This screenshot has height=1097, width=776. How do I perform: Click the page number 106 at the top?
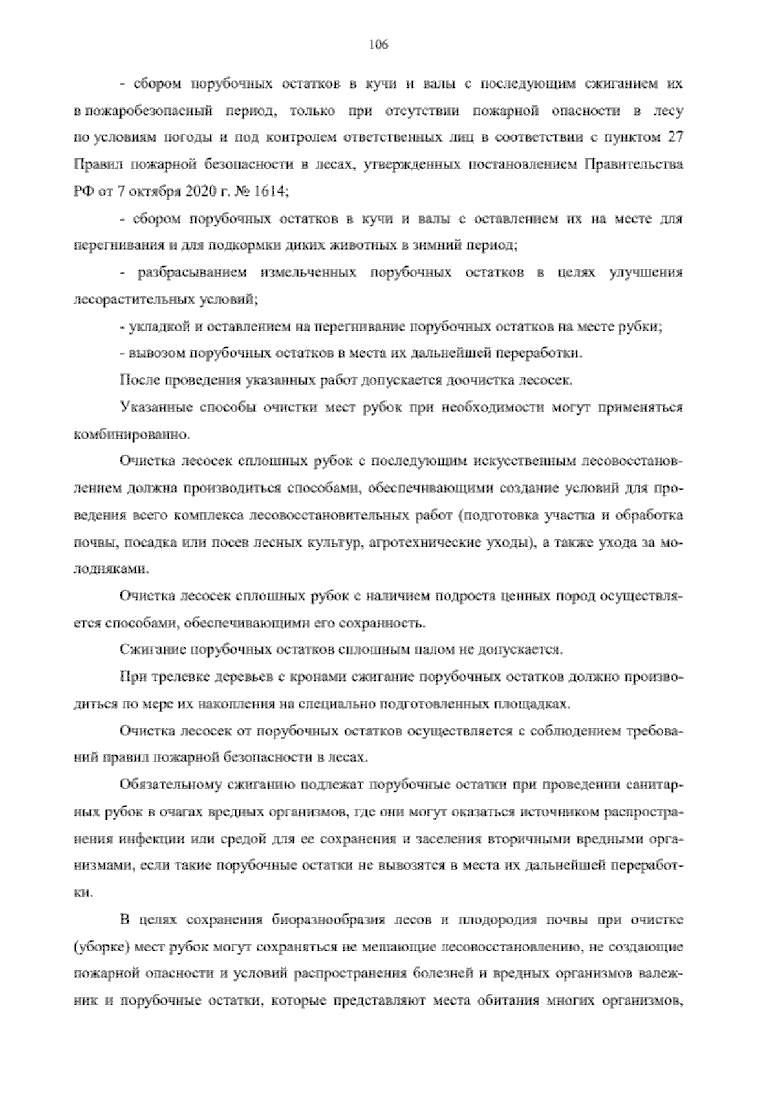point(378,45)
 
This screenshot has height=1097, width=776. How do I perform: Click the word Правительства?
point(634,164)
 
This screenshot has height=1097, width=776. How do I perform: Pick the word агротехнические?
point(423,543)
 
